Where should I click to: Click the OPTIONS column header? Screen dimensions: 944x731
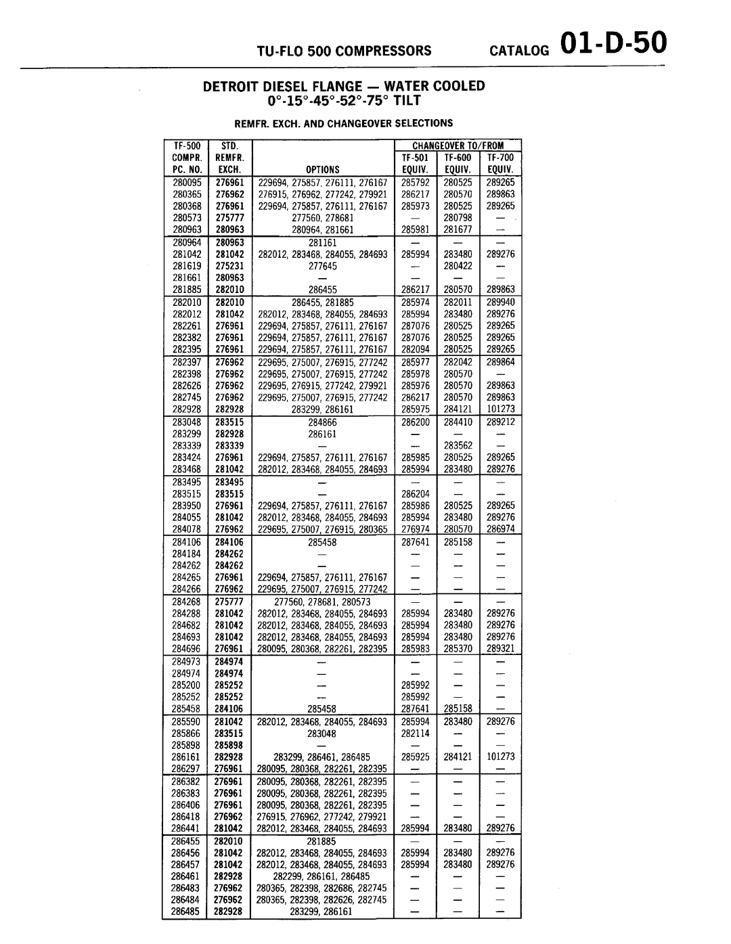(322, 170)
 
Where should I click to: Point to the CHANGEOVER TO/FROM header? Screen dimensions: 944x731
(458, 145)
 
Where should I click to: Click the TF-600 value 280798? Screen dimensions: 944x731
(458, 218)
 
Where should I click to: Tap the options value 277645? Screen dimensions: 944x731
(323, 266)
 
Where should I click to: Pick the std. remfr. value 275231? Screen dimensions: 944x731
(229, 266)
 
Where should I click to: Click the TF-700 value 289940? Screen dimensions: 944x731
(500, 302)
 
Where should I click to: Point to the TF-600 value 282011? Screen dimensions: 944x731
(458, 302)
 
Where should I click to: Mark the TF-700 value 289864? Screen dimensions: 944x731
(500, 362)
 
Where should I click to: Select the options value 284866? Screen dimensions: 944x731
(323, 422)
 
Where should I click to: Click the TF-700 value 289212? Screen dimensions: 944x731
(500, 422)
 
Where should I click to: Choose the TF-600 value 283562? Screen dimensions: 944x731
(458, 445)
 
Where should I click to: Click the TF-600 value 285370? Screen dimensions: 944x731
(458, 648)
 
